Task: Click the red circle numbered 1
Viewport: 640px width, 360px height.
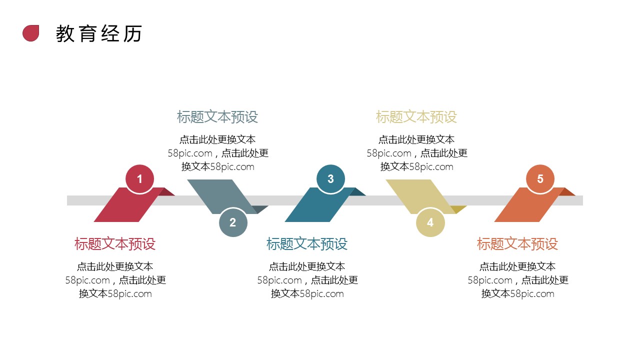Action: pyautogui.click(x=139, y=179)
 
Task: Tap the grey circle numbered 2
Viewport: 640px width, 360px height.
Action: pyautogui.click(x=233, y=222)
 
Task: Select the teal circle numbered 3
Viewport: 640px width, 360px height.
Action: pyautogui.click(x=330, y=179)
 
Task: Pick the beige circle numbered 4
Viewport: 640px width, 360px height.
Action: pyautogui.click(x=430, y=222)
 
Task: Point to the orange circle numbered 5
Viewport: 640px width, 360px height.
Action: pyautogui.click(x=540, y=179)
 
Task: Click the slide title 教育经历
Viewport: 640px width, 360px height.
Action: pyautogui.click(x=99, y=33)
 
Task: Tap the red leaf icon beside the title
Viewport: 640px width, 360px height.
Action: pyautogui.click(x=31, y=33)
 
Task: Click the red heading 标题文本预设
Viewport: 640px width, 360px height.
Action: pyautogui.click(x=115, y=244)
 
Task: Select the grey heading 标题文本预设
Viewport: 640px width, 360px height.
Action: pyautogui.click(x=217, y=117)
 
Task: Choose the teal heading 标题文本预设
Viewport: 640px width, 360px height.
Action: pyautogui.click(x=307, y=244)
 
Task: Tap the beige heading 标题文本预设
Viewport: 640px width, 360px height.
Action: pyautogui.click(x=416, y=117)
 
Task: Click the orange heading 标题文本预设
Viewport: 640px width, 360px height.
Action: pyautogui.click(x=517, y=244)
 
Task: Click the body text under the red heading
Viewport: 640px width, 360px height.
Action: pyautogui.click(x=115, y=280)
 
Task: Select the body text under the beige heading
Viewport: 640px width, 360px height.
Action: pyautogui.click(x=417, y=153)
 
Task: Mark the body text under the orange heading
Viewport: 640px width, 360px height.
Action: pyautogui.click(x=518, y=280)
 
